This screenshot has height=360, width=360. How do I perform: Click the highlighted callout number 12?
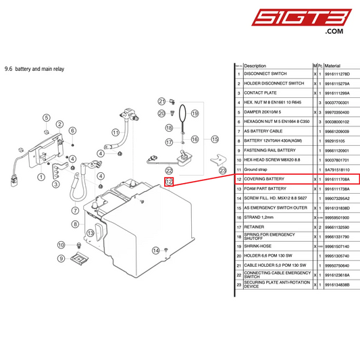(x=169, y=182)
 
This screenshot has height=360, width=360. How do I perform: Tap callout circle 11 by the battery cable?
(x=115, y=132)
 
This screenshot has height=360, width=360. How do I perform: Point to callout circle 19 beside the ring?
(x=195, y=113)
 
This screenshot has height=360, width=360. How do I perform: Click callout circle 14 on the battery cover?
(x=46, y=118)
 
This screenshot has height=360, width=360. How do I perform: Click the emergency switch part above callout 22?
(x=182, y=159)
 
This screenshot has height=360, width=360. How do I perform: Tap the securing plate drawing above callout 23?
(x=217, y=159)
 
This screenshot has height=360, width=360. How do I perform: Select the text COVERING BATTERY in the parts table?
(x=264, y=179)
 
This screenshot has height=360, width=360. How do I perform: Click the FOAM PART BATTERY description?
(x=266, y=188)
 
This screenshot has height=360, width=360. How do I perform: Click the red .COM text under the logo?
(x=335, y=32)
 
